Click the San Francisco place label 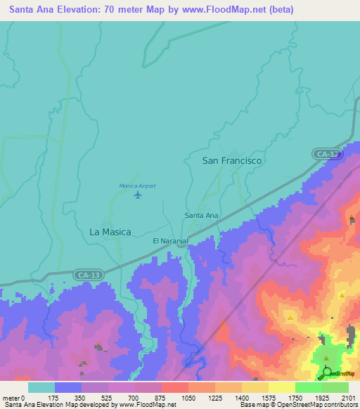coord(232,161)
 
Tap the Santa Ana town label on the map coord(202,215)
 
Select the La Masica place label coord(110,231)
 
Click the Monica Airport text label coord(137,186)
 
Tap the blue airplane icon coord(137,195)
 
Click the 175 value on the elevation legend coord(53,398)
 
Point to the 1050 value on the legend coord(188,398)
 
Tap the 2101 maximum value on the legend coord(349,398)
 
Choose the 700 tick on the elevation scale coord(134,398)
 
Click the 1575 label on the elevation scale coord(269,398)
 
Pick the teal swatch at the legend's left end coord(41,387)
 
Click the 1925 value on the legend coord(322,398)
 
